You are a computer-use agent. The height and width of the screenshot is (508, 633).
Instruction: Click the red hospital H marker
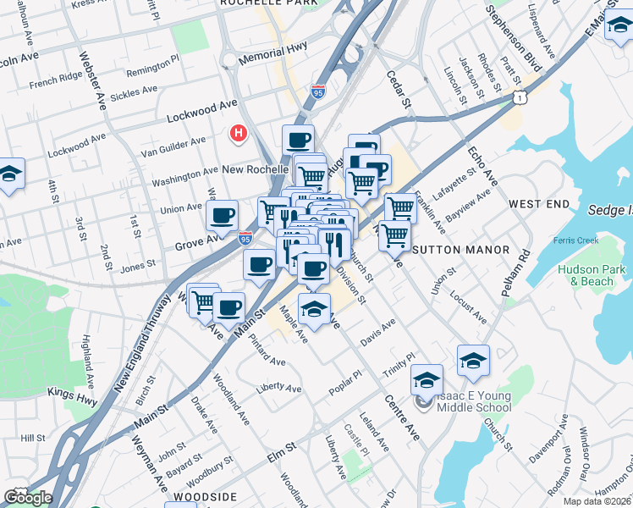pyautogui.click(x=239, y=133)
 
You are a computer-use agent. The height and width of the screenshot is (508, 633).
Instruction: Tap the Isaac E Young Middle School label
pyautogui.click(x=474, y=400)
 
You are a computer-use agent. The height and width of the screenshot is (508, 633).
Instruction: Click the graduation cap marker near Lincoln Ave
pyautogui.click(x=11, y=174)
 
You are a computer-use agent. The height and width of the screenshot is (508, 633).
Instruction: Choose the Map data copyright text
pyautogui.click(x=596, y=501)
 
